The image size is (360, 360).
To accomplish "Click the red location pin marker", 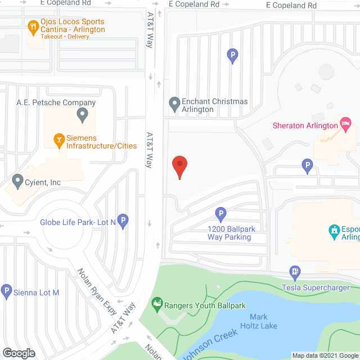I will pyautogui.click(x=179, y=167).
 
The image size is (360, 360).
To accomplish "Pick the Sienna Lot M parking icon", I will pyautogui.click(x=6, y=291).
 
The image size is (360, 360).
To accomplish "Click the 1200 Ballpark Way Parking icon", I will pyautogui.click(x=221, y=214).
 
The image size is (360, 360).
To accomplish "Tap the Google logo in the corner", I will pyautogui.click(x=19, y=353).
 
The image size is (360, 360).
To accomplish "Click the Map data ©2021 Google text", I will pyautogui.click(x=324, y=355).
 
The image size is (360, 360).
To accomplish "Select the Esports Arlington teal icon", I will pyautogui.click(x=333, y=231).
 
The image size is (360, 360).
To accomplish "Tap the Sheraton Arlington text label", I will pyautogui.click(x=305, y=125).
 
